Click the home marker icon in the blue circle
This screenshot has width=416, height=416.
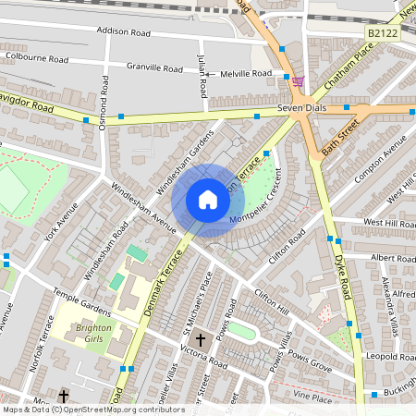[208, 200]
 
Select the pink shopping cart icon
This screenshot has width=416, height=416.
[298, 82]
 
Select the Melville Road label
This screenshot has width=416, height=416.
[244, 73]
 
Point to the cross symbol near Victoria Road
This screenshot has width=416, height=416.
[200, 339]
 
